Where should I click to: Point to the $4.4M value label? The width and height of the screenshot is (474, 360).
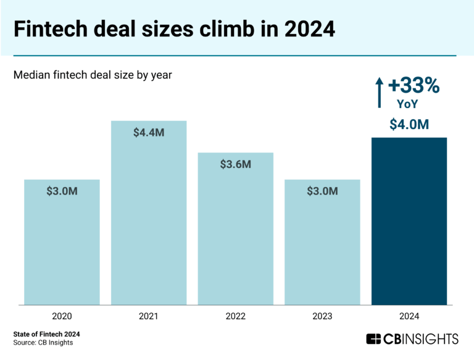tap(149, 133)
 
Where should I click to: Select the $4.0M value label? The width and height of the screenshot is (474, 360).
tap(409, 124)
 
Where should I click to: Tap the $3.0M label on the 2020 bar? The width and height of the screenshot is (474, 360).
tap(62, 191)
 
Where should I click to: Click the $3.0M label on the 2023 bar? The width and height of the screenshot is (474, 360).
tap(322, 191)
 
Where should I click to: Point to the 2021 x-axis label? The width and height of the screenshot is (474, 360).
tap(149, 316)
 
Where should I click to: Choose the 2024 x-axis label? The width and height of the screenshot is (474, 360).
tap(409, 316)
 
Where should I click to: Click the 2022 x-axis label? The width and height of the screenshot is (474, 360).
tap(235, 316)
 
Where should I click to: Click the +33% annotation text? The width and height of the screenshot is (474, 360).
tap(414, 86)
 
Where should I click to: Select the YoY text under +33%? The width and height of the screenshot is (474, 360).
tap(407, 104)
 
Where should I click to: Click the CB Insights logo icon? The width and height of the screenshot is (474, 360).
tap(373, 339)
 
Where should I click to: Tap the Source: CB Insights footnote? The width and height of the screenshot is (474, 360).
tap(43, 343)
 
